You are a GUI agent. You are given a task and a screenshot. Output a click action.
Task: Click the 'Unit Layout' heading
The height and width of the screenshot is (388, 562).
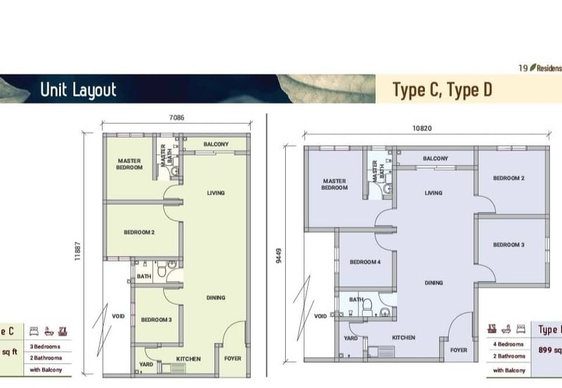[78, 90]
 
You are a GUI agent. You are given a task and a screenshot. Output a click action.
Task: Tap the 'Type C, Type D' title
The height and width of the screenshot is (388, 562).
[441, 90]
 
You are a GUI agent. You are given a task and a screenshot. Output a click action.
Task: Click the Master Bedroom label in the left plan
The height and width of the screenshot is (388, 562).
[130, 164]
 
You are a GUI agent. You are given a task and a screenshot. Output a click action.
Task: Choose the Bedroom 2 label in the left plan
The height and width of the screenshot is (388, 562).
[139, 232]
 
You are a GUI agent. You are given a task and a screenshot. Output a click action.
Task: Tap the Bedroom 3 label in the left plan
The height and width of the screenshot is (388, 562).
[156, 320]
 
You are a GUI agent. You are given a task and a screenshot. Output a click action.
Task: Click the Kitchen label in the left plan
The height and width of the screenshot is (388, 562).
[188, 359]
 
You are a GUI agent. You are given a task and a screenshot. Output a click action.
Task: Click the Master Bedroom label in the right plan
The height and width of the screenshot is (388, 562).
[334, 184]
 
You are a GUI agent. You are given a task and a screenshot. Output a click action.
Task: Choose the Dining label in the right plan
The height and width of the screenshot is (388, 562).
[433, 283]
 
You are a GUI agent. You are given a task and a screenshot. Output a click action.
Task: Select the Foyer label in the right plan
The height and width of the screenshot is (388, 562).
[457, 349]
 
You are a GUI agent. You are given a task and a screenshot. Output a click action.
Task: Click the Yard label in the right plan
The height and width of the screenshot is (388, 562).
[351, 337]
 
